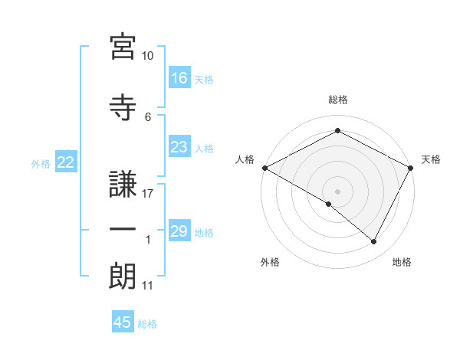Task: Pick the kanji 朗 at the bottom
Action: point(123,273)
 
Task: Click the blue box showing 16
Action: point(179,78)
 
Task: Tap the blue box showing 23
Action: point(179,147)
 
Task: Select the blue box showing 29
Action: point(179,231)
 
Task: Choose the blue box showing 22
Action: point(66,162)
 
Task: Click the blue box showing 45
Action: point(123,322)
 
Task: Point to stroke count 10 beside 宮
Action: point(148,56)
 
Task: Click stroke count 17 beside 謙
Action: point(148,193)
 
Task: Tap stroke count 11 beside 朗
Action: point(148,286)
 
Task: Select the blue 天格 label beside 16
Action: point(204,79)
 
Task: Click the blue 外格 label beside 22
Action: point(41,163)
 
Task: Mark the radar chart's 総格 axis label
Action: point(337,100)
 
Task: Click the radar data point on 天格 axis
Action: point(411,168)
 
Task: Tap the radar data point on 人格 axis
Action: point(264,167)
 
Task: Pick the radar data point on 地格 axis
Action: point(374,242)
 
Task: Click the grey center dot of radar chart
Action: point(337,191)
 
